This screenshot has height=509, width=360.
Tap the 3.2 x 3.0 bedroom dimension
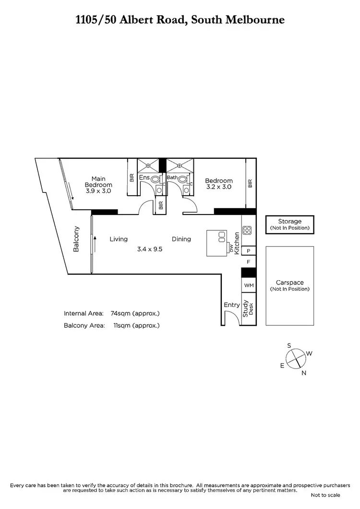[218, 187]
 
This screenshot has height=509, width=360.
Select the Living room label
[119, 239]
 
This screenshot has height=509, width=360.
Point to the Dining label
[182, 239]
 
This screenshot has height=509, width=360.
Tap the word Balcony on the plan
[76, 239]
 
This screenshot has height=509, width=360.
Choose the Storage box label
[290, 222]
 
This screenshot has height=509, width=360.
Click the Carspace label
[290, 283]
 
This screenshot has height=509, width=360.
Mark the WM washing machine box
[249, 285]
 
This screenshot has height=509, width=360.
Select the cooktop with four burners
[247, 230]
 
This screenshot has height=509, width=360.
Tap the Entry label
[232, 305]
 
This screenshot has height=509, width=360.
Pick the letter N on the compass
[304, 373]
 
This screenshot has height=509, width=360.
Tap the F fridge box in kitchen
[249, 262]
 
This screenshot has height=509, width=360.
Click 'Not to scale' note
[325, 495]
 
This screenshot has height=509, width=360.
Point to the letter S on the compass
[289, 345]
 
